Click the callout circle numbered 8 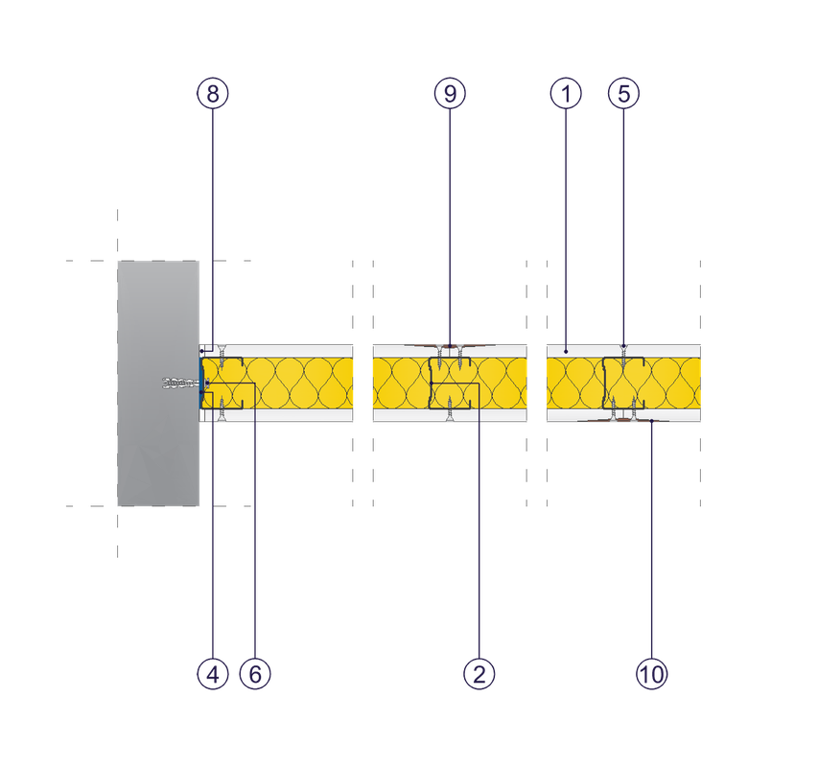click(x=212, y=93)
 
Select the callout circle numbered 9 click(x=450, y=93)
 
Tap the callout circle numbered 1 click(x=566, y=93)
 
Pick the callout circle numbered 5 click(x=624, y=93)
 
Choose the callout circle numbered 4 click(x=212, y=674)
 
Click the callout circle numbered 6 click(x=255, y=674)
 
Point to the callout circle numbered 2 click(x=479, y=674)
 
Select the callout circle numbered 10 click(x=651, y=674)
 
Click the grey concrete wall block click(x=158, y=383)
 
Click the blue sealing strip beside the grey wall click(x=201, y=383)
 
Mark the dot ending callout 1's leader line click(x=566, y=352)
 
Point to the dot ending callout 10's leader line click(x=651, y=421)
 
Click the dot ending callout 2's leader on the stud click(x=432, y=383)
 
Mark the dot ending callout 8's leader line click(x=202, y=352)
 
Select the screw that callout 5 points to click(x=623, y=358)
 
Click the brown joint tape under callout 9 click(x=450, y=346)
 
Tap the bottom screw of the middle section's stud click(x=450, y=408)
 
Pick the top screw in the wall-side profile click(x=222, y=358)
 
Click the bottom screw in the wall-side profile click(x=222, y=408)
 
